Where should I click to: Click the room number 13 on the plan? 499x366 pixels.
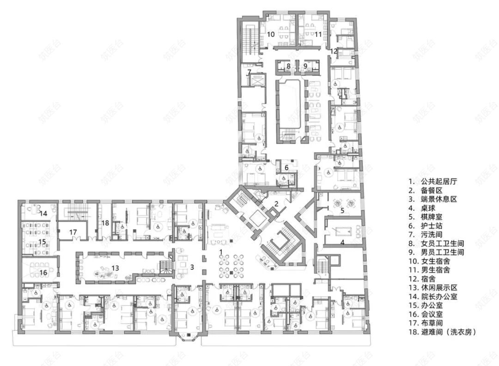(115, 268)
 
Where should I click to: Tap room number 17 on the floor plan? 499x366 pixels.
(73, 232)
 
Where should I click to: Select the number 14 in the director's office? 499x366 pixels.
(43, 213)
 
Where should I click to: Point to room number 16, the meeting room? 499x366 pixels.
(43, 273)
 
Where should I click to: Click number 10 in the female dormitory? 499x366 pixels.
(271, 34)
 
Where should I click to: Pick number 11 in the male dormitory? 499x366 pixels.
(318, 34)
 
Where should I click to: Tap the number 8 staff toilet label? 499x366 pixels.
(289, 66)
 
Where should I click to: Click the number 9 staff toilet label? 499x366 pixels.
(305, 66)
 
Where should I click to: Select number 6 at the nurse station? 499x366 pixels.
(286, 167)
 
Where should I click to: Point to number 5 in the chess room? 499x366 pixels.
(342, 210)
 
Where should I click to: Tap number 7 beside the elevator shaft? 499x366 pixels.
(249, 72)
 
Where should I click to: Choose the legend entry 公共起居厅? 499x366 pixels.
(439, 182)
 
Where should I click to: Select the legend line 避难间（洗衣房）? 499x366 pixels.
(449, 332)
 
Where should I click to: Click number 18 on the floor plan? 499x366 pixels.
(105, 223)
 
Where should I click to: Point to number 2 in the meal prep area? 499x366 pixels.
(276, 203)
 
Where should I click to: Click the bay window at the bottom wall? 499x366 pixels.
(189, 336)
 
